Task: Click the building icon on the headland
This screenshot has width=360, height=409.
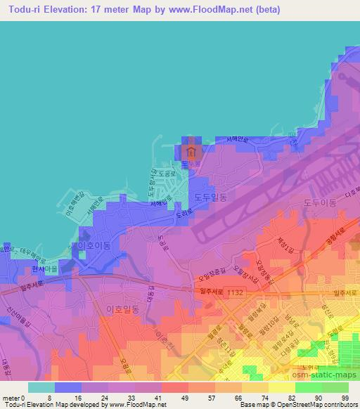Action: (190, 151)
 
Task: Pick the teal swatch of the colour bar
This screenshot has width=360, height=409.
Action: (41, 387)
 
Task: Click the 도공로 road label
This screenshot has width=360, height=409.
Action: (167, 171)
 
